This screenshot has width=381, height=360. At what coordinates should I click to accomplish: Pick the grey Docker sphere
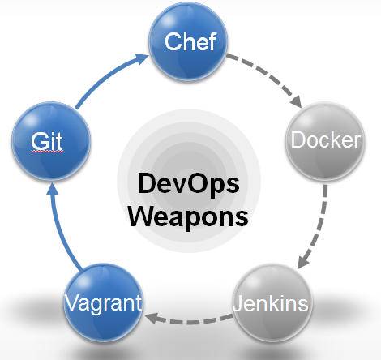[x=326, y=140]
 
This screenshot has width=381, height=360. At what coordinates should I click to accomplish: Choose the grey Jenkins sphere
[x=271, y=305]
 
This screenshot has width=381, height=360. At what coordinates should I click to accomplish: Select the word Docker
[x=326, y=140]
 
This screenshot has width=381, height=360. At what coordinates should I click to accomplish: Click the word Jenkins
[x=271, y=306]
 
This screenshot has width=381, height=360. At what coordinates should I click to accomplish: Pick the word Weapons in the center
[x=188, y=216]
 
